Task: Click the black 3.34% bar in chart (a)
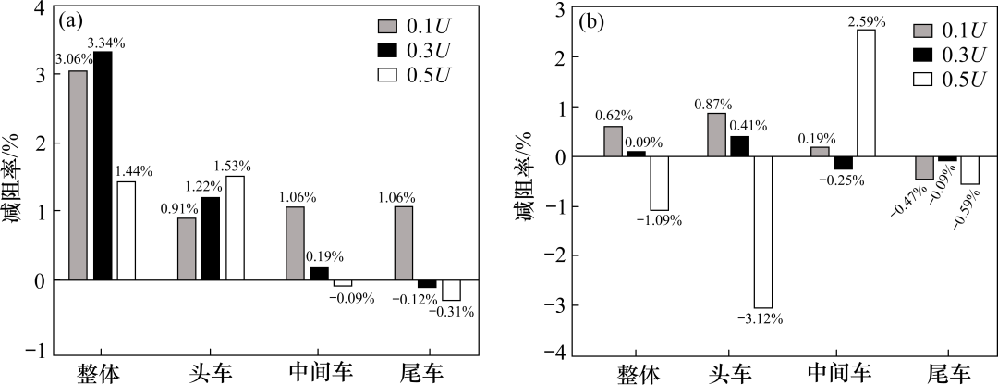[102, 165]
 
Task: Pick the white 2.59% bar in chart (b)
[865, 93]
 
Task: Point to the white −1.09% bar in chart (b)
[658, 183]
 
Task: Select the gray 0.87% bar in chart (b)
[716, 134]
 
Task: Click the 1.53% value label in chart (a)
[235, 167]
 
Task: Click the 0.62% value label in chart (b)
[613, 116]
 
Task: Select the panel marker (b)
[591, 21]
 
